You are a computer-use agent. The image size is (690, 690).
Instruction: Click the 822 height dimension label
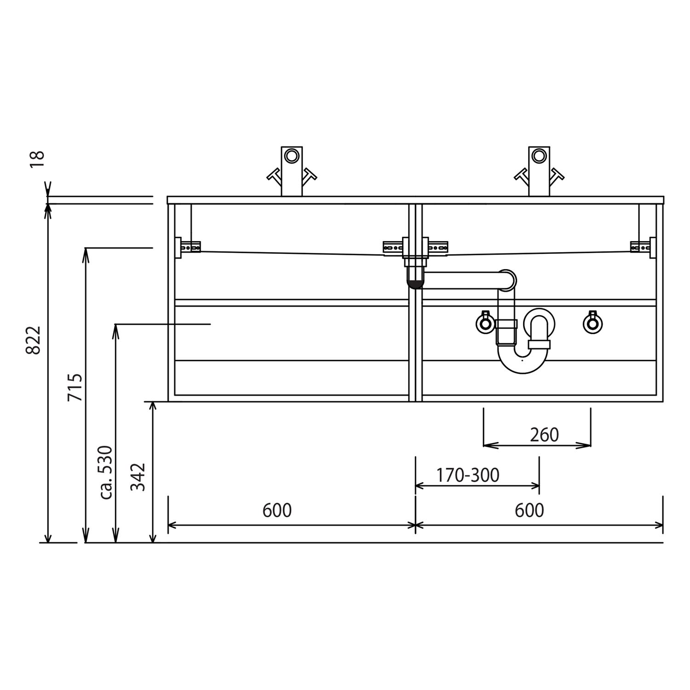tap(34, 340)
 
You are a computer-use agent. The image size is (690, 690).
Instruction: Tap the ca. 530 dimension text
tap(106, 472)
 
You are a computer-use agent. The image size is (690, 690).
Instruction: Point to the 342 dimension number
tap(138, 477)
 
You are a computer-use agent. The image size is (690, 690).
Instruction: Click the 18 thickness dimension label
tap(37, 159)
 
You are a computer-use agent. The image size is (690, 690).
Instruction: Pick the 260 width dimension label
tap(544, 435)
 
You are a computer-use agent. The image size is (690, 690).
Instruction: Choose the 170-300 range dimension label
tap(467, 475)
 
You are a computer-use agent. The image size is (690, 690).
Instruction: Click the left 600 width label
tap(277, 510)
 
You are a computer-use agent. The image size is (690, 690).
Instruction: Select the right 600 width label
tap(529, 510)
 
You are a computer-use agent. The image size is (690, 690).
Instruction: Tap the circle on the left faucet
tap(291, 156)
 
